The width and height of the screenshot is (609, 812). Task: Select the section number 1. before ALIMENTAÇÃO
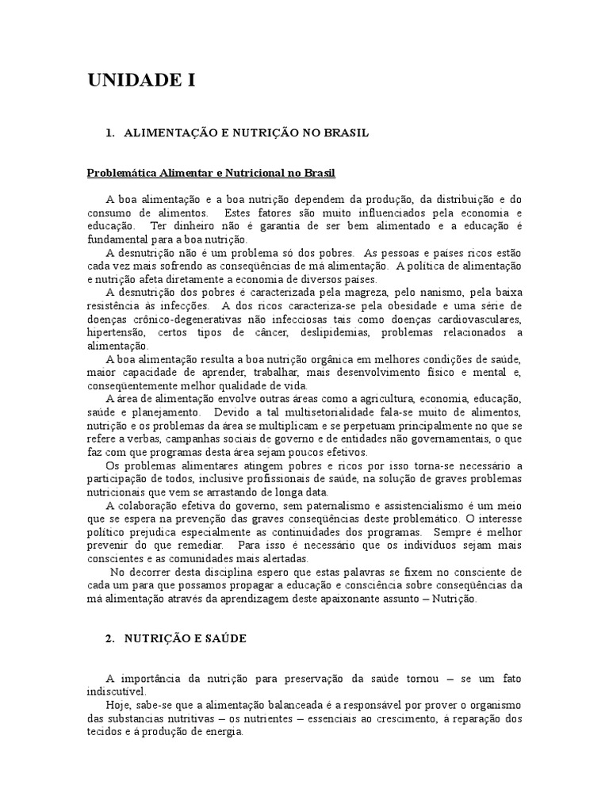click(109, 133)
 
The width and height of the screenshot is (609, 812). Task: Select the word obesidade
click(377, 305)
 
